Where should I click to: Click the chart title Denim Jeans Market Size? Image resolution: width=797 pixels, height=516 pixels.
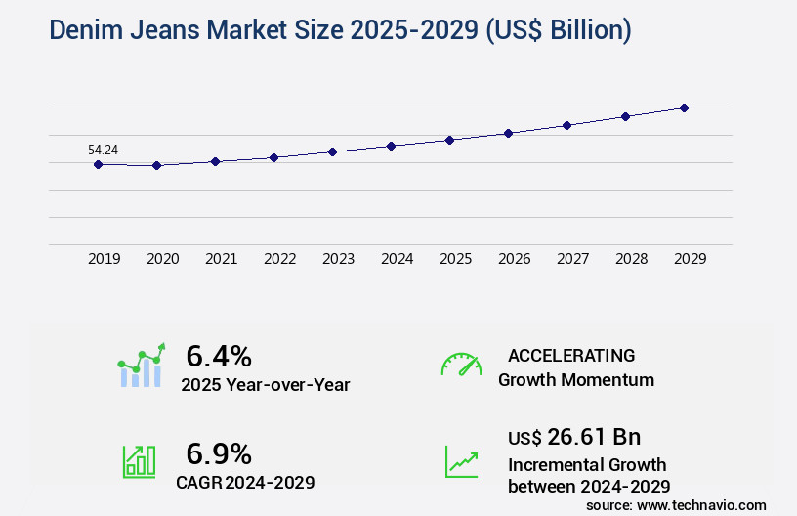click(x=340, y=30)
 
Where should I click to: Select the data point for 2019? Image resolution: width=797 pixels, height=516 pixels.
click(x=98, y=164)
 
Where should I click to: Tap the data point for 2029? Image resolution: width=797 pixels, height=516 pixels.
click(x=684, y=107)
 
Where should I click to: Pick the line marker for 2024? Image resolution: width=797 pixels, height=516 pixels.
click(x=391, y=146)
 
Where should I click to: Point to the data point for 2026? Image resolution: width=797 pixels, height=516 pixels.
click(x=508, y=133)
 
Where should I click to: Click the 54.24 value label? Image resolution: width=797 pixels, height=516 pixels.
click(x=104, y=150)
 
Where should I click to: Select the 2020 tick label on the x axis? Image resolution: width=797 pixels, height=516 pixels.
click(x=162, y=259)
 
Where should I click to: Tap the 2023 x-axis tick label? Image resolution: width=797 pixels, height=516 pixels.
click(x=338, y=259)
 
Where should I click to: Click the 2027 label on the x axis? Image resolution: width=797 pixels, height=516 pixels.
click(x=572, y=259)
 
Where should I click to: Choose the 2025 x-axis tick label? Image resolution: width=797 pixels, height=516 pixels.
click(x=455, y=259)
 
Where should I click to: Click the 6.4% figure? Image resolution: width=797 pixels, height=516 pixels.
click(x=219, y=355)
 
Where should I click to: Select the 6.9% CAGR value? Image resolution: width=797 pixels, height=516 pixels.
click(x=219, y=453)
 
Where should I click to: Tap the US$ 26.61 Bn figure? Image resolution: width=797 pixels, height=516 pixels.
click(x=574, y=436)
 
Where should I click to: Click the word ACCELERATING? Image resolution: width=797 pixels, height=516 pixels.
click(x=571, y=355)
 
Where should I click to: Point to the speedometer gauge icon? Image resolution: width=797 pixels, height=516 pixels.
click(x=461, y=364)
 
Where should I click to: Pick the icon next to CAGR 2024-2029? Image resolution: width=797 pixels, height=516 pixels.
click(x=139, y=461)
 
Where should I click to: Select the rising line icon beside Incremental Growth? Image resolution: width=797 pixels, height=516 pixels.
click(x=461, y=461)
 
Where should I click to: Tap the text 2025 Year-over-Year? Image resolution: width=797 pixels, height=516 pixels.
click(x=265, y=385)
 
